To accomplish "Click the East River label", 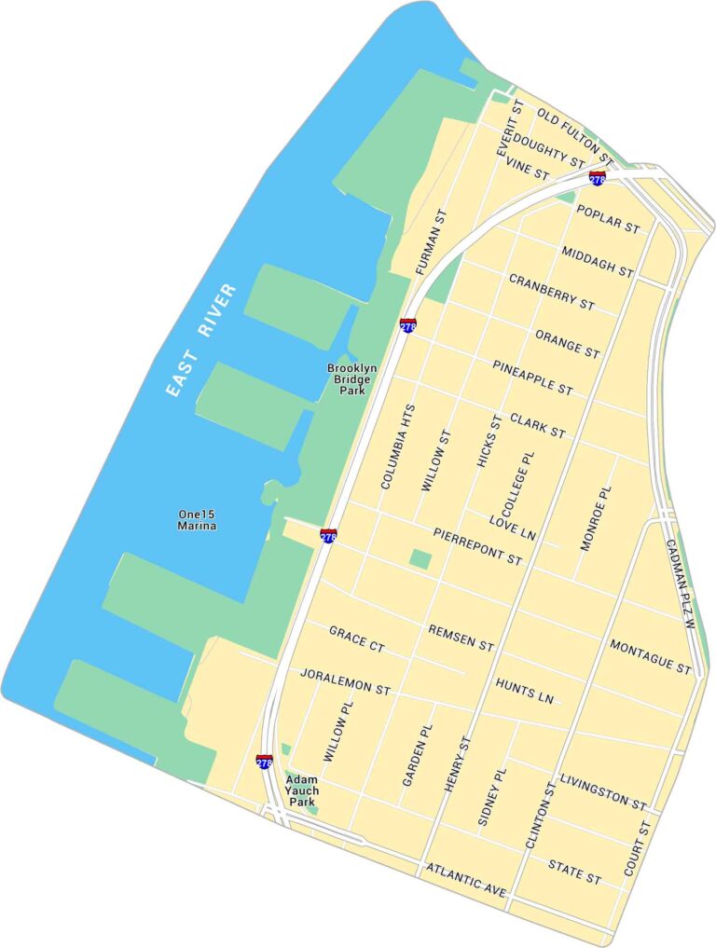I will pos(200,340).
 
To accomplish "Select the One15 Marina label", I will pos(197,520).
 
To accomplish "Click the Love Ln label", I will pos(514,528).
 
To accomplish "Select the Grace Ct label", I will pos(357,639).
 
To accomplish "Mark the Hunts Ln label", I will pos(525,689).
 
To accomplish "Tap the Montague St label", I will pos(651,657).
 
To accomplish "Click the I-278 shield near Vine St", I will pos(598,177).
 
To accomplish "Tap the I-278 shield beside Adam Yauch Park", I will pos(265,762).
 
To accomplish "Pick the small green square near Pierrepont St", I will pos(420,559).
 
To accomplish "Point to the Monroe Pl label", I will pos(598,518).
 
